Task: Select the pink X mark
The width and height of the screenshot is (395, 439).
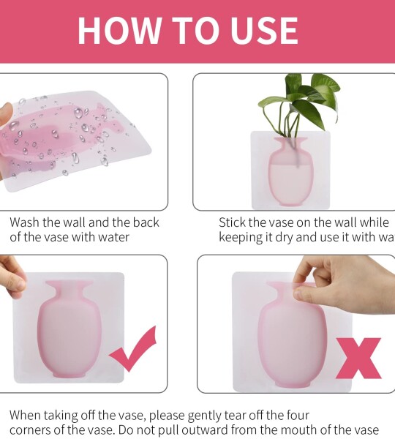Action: coord(358,358)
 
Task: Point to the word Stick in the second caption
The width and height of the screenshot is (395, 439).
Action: coord(234,222)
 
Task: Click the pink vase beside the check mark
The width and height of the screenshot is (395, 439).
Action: coord(70,329)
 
